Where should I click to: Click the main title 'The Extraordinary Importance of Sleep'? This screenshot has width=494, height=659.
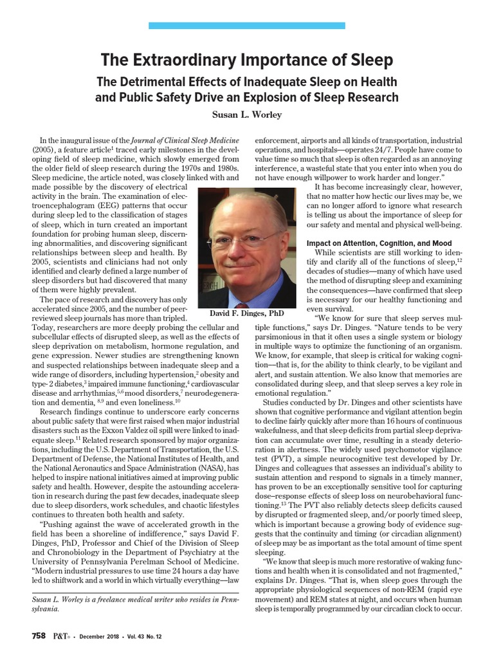point(247,61)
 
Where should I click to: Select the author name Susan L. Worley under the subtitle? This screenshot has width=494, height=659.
point(247,115)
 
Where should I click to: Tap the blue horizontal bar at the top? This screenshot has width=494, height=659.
point(247,26)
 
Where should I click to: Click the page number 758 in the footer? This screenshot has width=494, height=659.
point(39,636)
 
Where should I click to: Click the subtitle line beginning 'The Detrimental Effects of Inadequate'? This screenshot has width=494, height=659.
point(247,82)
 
